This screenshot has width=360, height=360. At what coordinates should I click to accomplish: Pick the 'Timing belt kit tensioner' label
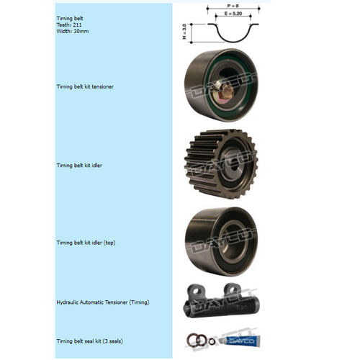[x=85, y=86]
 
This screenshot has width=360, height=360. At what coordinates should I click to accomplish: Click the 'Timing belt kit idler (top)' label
[x=86, y=243]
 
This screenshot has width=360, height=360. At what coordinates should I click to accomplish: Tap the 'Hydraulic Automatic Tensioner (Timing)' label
[x=103, y=302]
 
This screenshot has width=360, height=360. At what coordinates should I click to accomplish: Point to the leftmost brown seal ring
[x=192, y=341]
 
